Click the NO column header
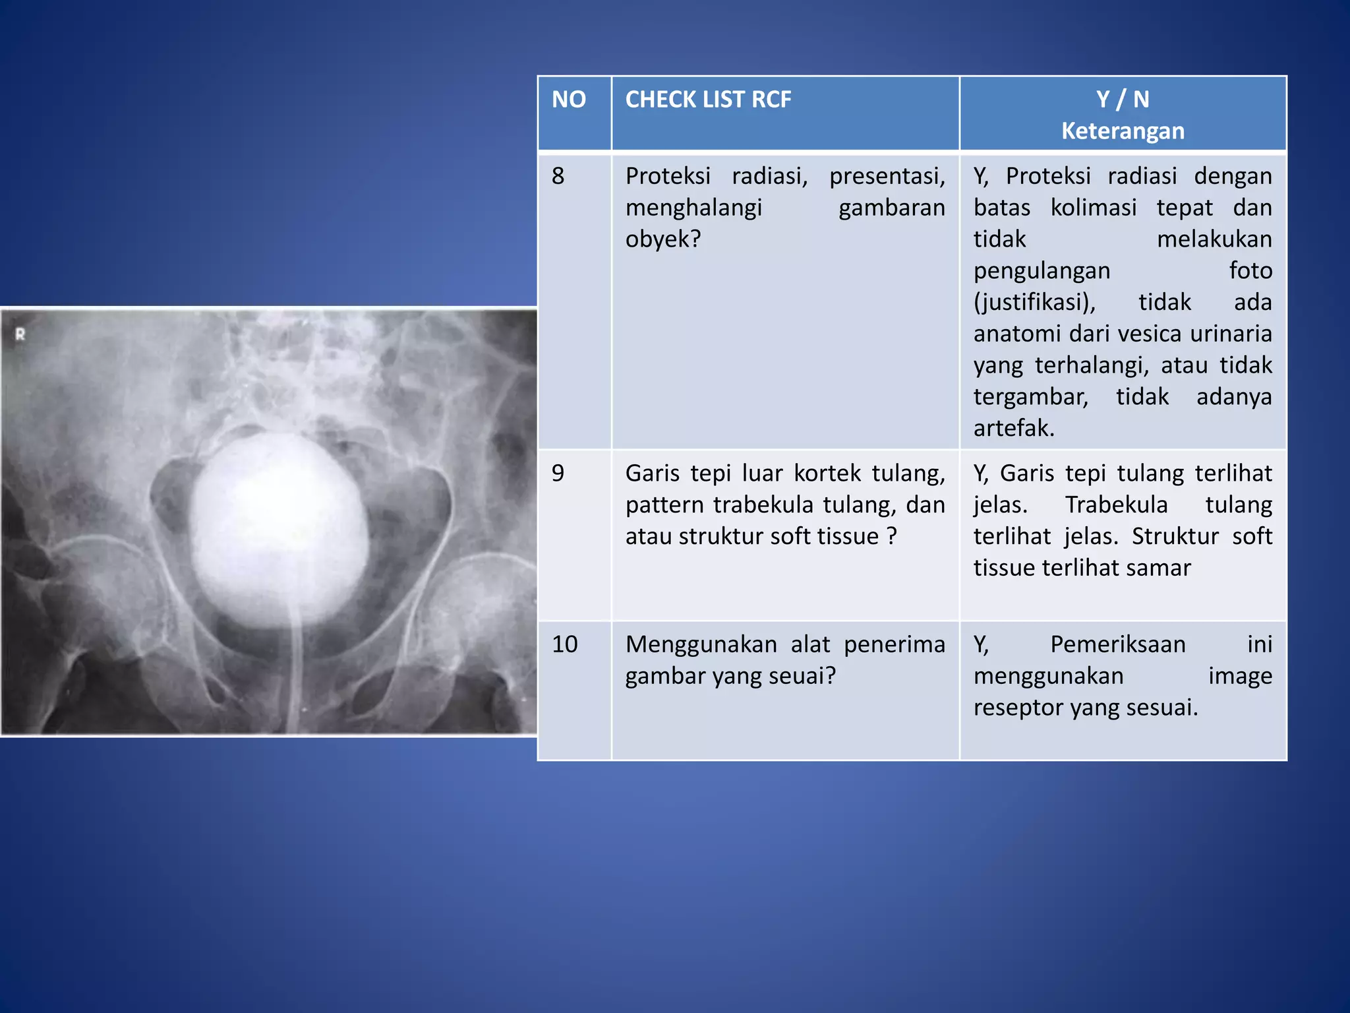(568, 100)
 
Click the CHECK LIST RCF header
(708, 100)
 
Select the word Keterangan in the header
(1123, 131)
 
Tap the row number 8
(558, 176)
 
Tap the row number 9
(558, 474)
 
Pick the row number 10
(564, 644)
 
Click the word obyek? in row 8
(662, 239)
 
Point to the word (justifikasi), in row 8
(1034, 302)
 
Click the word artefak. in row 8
(1014, 429)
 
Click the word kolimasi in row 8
(1094, 208)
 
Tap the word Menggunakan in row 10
(701, 644)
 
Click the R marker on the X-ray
(20, 334)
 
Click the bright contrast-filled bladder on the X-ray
(280, 528)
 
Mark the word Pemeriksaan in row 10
(1118, 644)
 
